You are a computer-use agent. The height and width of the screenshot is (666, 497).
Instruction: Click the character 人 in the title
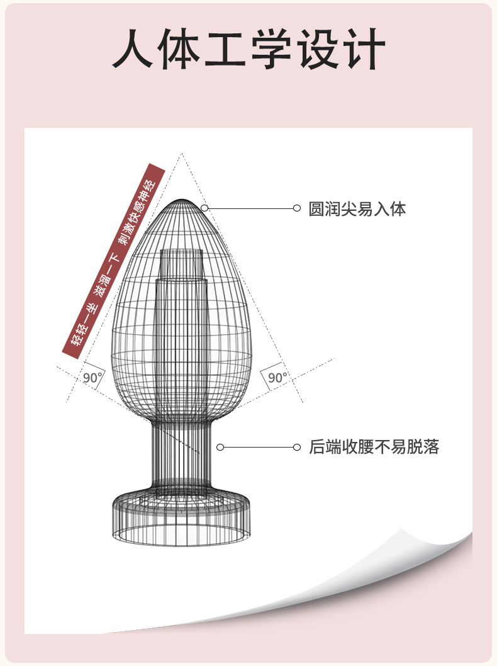tap(133, 48)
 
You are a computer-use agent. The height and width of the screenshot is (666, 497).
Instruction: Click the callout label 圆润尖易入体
tap(357, 208)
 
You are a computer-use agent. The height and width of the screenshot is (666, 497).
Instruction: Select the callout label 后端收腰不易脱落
tap(374, 447)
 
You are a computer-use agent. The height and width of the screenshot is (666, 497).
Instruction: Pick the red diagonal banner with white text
tap(113, 261)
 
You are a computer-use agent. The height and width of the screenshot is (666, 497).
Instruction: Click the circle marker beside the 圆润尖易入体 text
tap(297, 208)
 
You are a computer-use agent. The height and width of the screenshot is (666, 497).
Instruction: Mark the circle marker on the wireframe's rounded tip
tap(204, 208)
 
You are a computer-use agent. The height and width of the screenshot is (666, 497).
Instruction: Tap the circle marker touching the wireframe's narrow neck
tap(220, 447)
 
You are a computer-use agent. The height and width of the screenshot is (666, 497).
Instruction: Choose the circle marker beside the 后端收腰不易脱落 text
tap(297, 447)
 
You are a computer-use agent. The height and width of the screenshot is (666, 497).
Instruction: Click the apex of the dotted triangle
tap(182, 154)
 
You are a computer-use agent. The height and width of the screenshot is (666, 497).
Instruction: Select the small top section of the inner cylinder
tap(182, 263)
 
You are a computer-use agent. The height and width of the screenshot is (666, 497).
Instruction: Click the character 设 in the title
tap(318, 48)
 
